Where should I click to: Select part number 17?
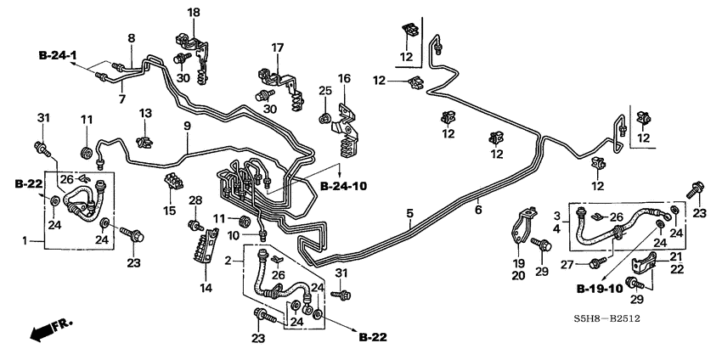click(x=277, y=48)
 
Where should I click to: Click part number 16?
click(x=344, y=78)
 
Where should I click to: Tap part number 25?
click(x=324, y=91)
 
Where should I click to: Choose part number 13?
click(x=145, y=113)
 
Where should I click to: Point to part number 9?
click(x=187, y=126)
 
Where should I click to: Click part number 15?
click(x=169, y=210)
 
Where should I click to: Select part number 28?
click(x=195, y=200)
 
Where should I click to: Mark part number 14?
click(x=204, y=289)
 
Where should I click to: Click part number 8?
click(x=131, y=38)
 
